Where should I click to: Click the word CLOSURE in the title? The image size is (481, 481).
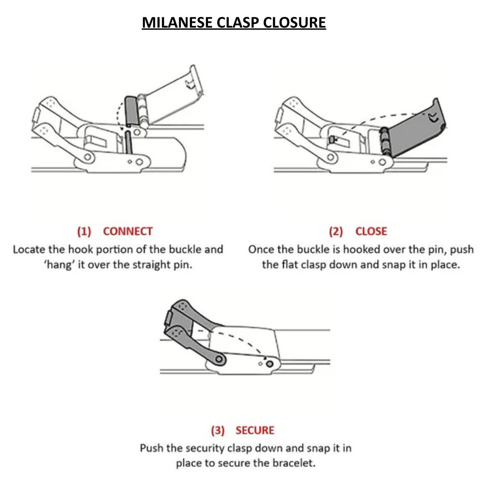click(294, 22)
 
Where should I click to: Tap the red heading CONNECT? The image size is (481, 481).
click(128, 231)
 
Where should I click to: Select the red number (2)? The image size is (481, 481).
click(336, 231)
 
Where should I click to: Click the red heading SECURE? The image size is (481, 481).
click(255, 430)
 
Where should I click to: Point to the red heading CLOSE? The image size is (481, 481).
click(371, 231)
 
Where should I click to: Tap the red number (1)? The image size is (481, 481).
click(84, 231)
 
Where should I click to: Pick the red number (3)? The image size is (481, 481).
click(218, 430)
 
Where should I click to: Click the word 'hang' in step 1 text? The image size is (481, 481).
click(60, 265)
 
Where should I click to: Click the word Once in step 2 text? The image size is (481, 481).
click(261, 249)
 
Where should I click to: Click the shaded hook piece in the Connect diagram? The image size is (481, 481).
click(131, 111)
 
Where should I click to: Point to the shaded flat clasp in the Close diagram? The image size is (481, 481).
click(414, 129)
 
